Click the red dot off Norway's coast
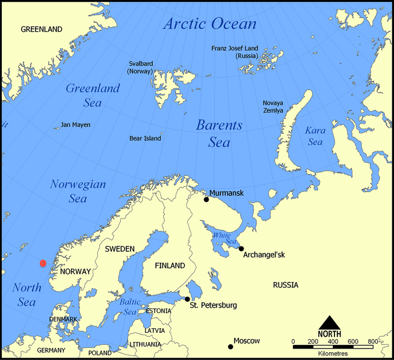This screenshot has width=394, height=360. (43, 263)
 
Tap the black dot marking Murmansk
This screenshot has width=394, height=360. (206, 200)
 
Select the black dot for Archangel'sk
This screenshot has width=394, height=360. (241, 248)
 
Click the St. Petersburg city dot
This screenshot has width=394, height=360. (188, 299)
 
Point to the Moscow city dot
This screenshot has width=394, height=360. (230, 346)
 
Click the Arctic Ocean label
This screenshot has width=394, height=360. (210, 24)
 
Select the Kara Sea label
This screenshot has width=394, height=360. (315, 136)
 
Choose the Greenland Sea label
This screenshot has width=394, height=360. (93, 95)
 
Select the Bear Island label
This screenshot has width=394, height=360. (145, 138)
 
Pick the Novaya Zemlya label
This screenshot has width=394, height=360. (272, 107)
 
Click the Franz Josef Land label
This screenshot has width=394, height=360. (235, 52)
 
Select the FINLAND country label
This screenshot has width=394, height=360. (170, 265)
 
